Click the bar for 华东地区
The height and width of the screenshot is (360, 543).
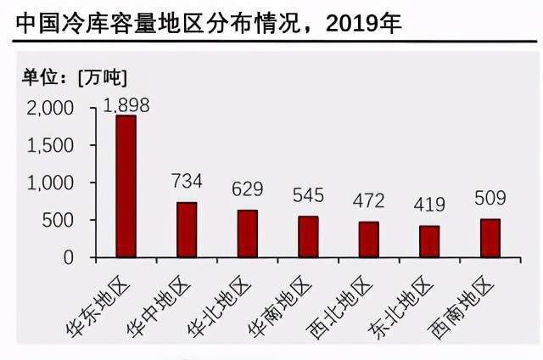pyautogui.click(x=126, y=186)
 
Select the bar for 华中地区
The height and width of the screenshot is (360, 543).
pyautogui.click(x=187, y=229)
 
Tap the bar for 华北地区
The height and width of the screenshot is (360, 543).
pyautogui.click(x=247, y=233)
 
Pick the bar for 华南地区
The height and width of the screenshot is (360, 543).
pyautogui.click(x=308, y=236)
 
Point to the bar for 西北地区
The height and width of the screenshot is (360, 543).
pyautogui.click(x=368, y=239)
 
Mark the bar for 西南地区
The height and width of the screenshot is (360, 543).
pyautogui.click(x=490, y=238)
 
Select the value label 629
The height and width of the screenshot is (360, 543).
pyautogui.click(x=247, y=188)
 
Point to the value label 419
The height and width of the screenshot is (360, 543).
pyautogui.click(x=429, y=204)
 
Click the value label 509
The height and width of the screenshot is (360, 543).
pyautogui.click(x=490, y=199)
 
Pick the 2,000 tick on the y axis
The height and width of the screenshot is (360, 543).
pyautogui.click(x=51, y=108)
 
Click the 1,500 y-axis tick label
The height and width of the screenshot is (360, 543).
pyautogui.click(x=51, y=145)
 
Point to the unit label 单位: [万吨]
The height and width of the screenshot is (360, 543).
pyautogui.click(x=74, y=76)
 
